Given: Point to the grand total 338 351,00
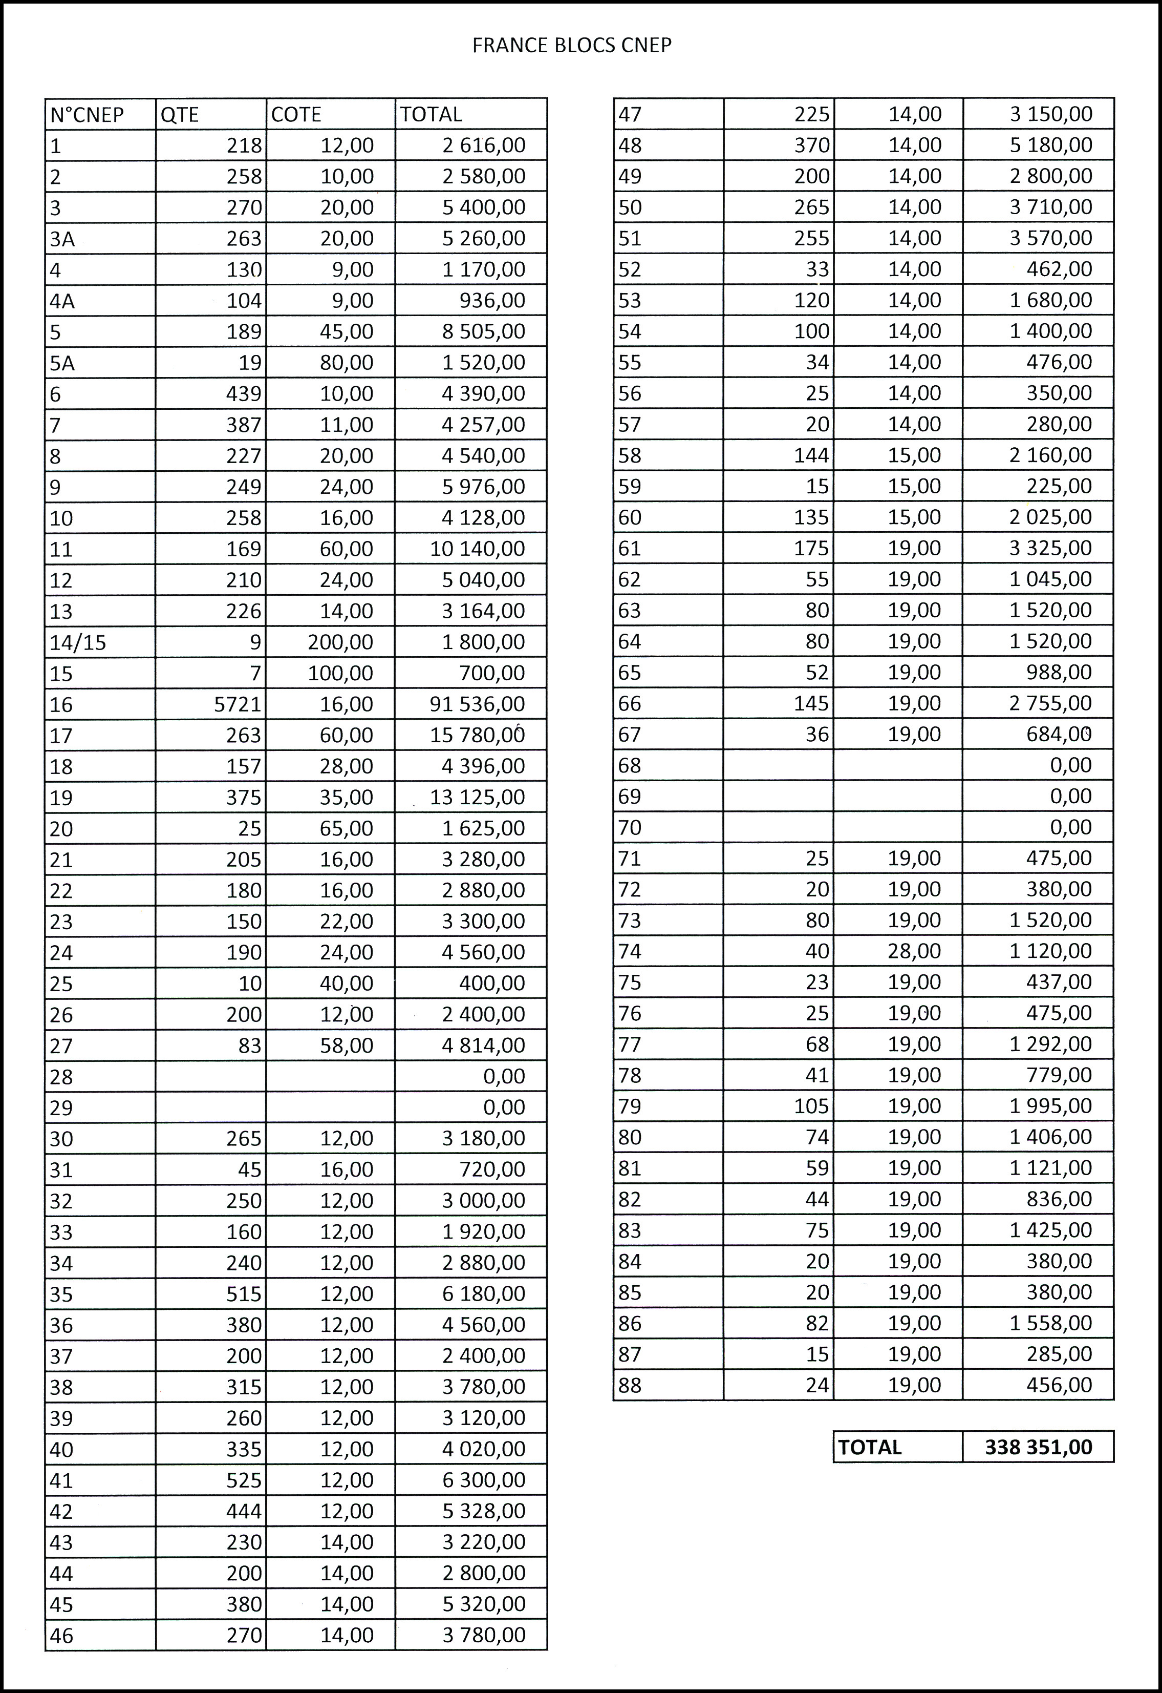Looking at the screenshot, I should tap(1038, 1447).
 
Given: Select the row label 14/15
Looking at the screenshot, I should tap(78, 642).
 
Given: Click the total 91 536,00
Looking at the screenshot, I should tap(478, 704).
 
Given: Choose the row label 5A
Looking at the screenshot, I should tap(62, 363).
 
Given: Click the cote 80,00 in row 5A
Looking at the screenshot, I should tap(347, 363).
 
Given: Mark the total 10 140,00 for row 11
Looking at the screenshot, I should tap(478, 549).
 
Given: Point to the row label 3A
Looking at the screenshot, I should tap(62, 239).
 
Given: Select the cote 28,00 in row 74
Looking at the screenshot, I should tap(914, 951).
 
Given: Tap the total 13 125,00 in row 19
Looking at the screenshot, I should tap(478, 798).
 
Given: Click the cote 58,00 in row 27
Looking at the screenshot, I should tap(347, 1046).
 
